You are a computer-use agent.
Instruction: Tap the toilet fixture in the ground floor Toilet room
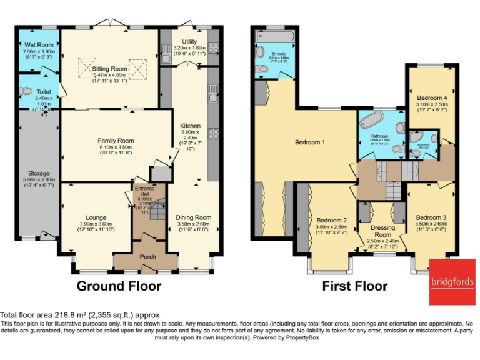[x=26, y=91]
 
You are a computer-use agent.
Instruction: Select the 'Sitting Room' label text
[x=111, y=69]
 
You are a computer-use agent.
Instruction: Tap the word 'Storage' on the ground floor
[x=39, y=173]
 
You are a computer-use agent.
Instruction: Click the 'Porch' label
[x=148, y=256]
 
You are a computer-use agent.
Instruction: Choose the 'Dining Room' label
[x=194, y=217]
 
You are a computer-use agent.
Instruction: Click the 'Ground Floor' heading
[x=119, y=287]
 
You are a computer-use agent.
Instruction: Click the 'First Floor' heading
[x=354, y=287]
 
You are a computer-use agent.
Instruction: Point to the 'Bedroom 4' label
[x=432, y=97]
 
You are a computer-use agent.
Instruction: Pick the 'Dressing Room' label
[x=382, y=231]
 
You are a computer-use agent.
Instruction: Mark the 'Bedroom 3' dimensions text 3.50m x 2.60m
[x=431, y=224]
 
